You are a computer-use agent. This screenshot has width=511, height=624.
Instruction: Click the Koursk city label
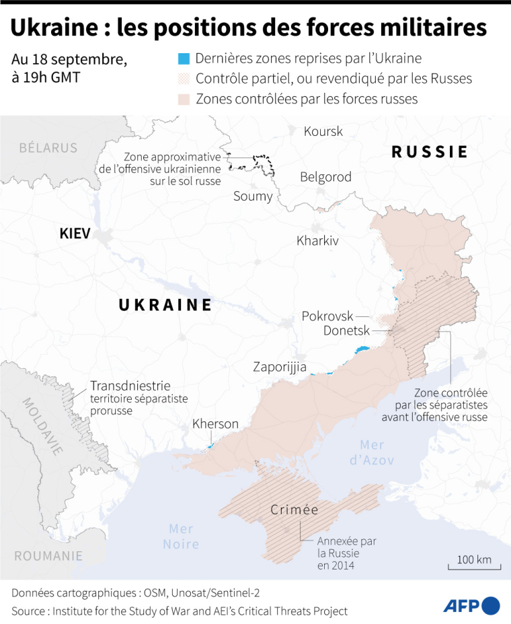tap(323, 131)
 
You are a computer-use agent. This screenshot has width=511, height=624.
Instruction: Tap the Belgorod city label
tap(325, 177)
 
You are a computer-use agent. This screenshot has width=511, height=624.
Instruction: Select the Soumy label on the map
tap(253, 197)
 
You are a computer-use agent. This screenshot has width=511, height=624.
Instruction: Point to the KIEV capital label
tap(75, 234)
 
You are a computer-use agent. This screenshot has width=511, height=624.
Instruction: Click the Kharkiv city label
tap(317, 240)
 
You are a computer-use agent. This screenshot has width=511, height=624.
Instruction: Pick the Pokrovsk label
tap(327, 316)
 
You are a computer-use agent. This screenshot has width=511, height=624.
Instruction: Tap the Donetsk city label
tap(347, 331)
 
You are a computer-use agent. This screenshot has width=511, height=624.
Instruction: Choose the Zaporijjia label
tap(280, 367)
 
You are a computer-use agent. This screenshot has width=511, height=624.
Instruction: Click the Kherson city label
tap(215, 424)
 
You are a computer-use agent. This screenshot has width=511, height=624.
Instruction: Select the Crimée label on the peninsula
tap(294, 510)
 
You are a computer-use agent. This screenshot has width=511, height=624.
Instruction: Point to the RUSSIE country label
tap(430, 152)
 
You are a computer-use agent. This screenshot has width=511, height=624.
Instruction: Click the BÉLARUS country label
tap(48, 147)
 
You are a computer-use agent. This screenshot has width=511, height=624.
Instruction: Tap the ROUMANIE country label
tap(48, 556)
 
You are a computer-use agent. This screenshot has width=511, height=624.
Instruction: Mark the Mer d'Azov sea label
tap(377, 452)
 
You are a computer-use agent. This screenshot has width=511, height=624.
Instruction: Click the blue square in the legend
tap(184, 59)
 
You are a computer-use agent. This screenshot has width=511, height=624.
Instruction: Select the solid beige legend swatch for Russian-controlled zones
tap(184, 99)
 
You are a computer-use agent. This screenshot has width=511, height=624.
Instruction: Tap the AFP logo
tap(471, 605)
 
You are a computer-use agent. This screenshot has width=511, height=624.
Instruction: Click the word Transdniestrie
tap(130, 386)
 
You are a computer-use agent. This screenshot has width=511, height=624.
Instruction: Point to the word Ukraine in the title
tap(54, 28)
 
